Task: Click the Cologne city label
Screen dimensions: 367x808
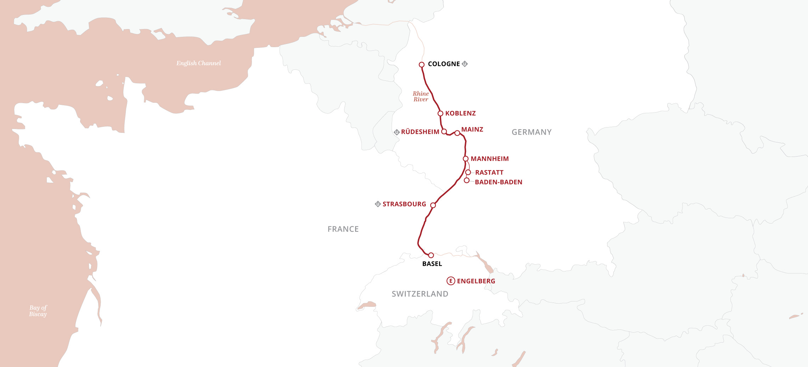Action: pyautogui.click(x=444, y=64)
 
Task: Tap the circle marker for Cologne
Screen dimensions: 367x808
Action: pyautogui.click(x=422, y=64)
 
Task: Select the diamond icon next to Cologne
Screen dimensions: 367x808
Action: pyautogui.click(x=465, y=64)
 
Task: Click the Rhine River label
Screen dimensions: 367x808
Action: pyautogui.click(x=421, y=96)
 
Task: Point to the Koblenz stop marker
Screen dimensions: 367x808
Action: pyautogui.click(x=441, y=113)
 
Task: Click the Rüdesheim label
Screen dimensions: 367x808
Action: pyautogui.click(x=420, y=132)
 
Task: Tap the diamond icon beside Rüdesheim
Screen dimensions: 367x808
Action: pyautogui.click(x=397, y=132)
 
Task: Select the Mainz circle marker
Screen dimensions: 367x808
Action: pyautogui.click(x=457, y=133)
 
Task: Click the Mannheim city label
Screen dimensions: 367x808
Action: pyautogui.click(x=489, y=159)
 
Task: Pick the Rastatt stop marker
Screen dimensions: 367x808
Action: pyautogui.click(x=468, y=173)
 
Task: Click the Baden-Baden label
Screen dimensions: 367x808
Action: pyautogui.click(x=498, y=182)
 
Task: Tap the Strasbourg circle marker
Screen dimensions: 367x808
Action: pyautogui.click(x=433, y=205)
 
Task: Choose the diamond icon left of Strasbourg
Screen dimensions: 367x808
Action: pyautogui.click(x=378, y=204)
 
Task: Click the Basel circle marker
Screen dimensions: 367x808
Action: pyautogui.click(x=431, y=255)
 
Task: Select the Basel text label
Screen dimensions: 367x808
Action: pyautogui.click(x=432, y=264)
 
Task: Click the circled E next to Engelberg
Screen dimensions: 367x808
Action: pyautogui.click(x=450, y=281)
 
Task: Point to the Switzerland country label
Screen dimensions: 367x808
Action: pyautogui.click(x=420, y=294)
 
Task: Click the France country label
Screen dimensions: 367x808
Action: pyautogui.click(x=343, y=229)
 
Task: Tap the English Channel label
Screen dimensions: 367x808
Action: pyautogui.click(x=198, y=63)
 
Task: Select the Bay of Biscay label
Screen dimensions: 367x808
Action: pyautogui.click(x=38, y=311)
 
